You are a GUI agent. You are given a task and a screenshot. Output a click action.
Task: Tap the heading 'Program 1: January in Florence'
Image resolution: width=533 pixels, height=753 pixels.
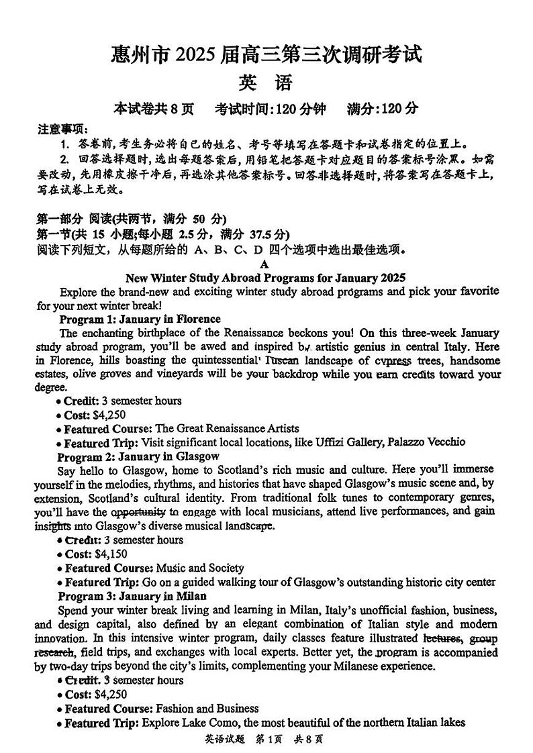140,319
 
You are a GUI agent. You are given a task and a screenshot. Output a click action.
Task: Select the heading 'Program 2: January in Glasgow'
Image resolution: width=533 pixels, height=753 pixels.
138,456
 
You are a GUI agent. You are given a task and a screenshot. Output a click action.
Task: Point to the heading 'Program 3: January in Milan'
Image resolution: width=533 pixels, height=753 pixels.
132,596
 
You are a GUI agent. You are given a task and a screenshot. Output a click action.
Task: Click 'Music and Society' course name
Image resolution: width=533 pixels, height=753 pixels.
199,568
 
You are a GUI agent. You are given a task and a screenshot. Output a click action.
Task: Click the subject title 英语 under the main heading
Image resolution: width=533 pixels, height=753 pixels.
266,83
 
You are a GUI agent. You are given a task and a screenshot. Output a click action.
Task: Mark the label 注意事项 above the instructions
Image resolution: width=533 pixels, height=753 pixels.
61,130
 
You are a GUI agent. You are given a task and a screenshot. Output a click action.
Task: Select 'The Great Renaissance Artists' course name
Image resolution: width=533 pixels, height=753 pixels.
227,428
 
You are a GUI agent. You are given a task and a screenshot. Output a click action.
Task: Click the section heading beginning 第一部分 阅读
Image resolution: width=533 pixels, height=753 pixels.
132,219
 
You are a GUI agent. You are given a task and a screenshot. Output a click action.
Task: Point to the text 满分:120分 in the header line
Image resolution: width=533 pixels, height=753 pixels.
382,108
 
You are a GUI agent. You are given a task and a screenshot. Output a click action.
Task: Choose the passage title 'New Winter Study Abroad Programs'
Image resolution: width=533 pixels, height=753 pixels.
266,277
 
